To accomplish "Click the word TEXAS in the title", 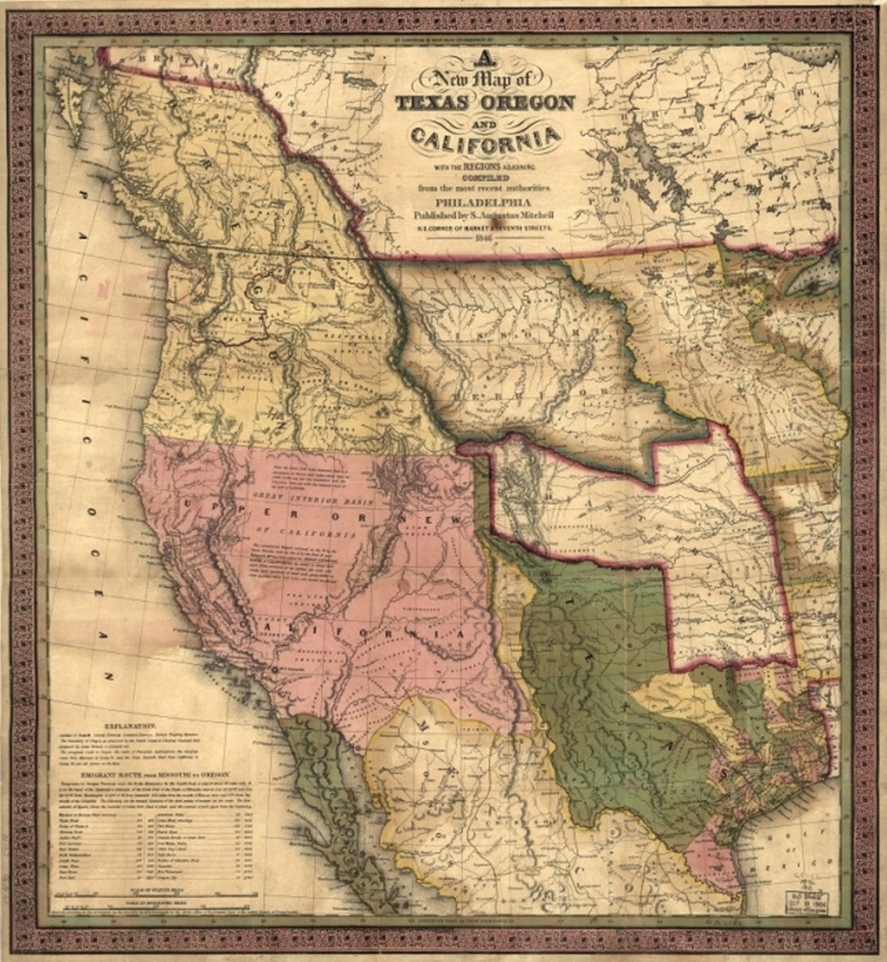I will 432,103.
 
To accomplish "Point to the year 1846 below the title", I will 483,238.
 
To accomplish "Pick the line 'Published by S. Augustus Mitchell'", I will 483,214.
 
